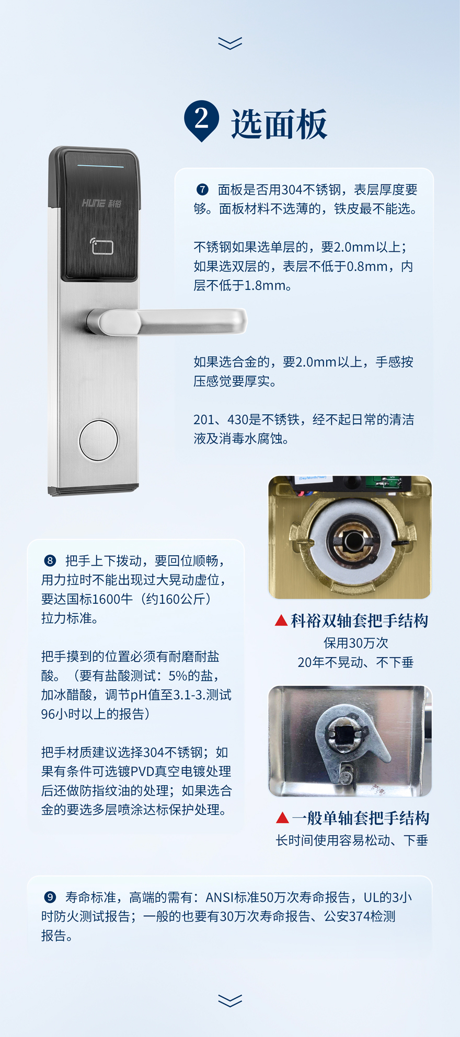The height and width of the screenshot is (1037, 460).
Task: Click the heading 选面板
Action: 279,124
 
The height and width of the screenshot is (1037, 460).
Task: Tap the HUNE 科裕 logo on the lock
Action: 101,203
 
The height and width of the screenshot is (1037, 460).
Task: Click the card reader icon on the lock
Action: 101,246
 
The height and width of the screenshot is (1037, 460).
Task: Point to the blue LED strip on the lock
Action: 101,166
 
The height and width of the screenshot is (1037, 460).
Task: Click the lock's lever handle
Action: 167,321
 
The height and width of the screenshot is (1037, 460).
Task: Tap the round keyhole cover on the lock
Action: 99,440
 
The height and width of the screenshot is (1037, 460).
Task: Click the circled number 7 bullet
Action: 202,189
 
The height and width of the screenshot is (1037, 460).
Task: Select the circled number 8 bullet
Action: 50,561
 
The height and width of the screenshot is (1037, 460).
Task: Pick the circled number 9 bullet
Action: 50,897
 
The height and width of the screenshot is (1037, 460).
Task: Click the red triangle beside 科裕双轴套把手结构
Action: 281,620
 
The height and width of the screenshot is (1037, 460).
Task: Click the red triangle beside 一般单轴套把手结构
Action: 282,818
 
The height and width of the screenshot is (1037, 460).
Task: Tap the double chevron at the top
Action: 230,43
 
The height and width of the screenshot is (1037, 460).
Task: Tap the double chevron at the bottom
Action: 230,1000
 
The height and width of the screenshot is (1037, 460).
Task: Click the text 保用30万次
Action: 356,643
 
